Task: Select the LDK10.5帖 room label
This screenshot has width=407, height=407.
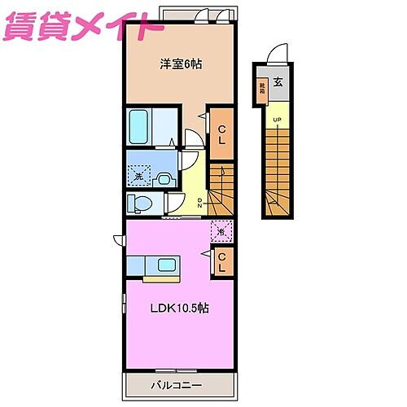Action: pyautogui.click(x=178, y=309)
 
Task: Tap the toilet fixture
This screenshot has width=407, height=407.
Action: pyautogui.click(x=140, y=202)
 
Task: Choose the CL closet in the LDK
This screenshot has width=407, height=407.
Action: pyautogui.click(x=221, y=260)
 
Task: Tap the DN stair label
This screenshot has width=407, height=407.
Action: pyautogui.click(x=200, y=201)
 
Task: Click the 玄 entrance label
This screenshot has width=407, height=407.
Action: pyautogui.click(x=279, y=81)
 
